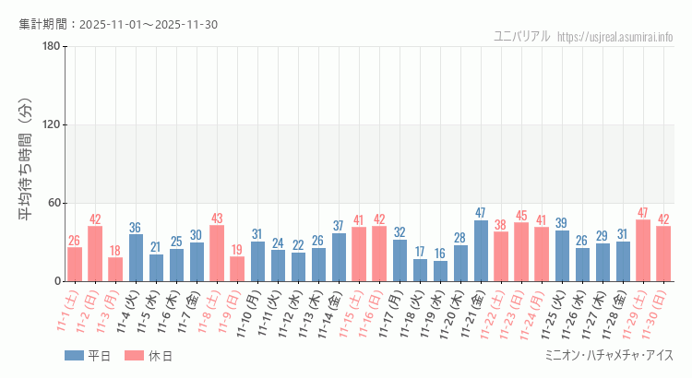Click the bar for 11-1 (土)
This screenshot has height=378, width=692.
(x=75, y=265)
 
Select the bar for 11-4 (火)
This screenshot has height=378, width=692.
(x=136, y=258)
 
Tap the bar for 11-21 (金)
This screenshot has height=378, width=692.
(x=481, y=251)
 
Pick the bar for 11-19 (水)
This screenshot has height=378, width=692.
(x=440, y=271)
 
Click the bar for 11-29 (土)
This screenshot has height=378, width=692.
(x=643, y=251)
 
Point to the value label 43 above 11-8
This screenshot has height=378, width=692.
(x=217, y=219)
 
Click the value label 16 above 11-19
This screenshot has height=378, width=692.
(x=440, y=254)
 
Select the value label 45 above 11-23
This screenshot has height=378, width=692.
(x=521, y=216)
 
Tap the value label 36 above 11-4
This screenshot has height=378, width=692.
(x=136, y=228)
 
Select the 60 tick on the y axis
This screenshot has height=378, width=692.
(x=54, y=203)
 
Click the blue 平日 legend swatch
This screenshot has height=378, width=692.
(x=74, y=356)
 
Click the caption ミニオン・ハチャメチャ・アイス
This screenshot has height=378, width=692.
(x=610, y=356)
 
